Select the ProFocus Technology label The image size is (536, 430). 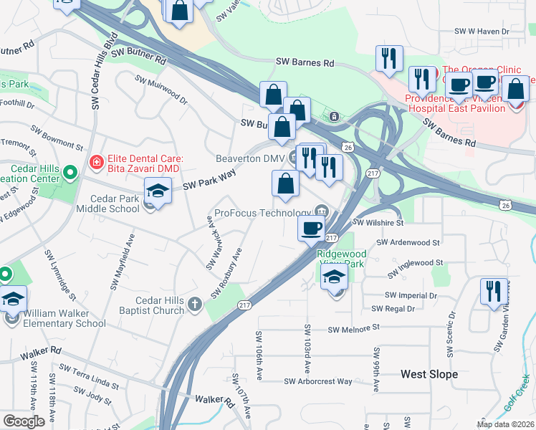coord(263,213)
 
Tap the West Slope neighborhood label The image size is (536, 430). coord(429,374)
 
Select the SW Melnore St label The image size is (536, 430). coord(353,329)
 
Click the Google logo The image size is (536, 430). coord(24,421)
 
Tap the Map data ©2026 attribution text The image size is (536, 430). coord(505,424)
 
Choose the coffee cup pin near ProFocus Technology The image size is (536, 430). coord(311,229)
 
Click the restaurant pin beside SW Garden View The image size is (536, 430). coord(493,290)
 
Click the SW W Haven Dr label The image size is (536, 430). coord(482,32)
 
